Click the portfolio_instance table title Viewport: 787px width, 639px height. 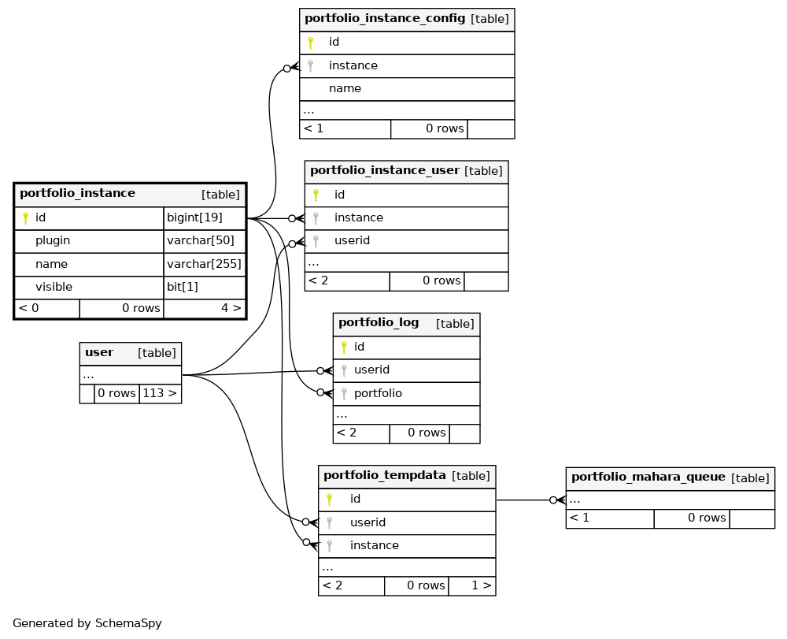click(77, 193)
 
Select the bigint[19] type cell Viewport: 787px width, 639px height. click(205, 218)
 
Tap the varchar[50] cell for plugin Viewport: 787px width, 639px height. click(205, 241)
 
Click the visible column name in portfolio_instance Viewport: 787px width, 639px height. click(54, 287)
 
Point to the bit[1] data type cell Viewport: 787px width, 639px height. click(205, 288)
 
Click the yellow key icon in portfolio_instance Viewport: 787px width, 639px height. click(26, 218)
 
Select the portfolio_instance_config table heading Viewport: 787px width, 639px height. click(385, 19)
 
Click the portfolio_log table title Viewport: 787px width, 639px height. click(379, 322)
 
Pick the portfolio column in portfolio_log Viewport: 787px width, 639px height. click(378, 393)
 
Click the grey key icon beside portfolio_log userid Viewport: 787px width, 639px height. click(344, 371)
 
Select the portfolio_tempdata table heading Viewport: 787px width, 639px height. click(385, 475)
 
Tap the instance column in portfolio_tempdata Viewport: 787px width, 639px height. click(375, 545)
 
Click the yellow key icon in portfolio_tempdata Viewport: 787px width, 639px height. click(329, 500)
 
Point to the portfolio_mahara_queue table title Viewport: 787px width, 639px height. click(648, 477)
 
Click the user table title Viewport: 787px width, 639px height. click(99, 353)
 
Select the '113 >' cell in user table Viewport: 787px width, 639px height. click(160, 393)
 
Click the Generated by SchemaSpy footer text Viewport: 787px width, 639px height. click(87, 623)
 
